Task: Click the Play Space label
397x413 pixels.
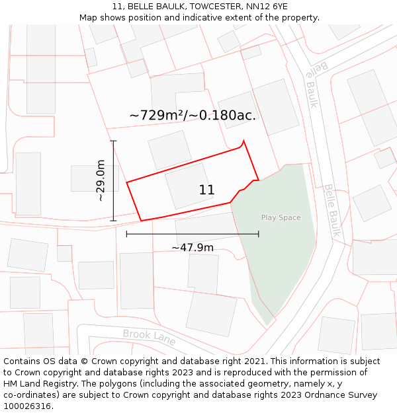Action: point(281,217)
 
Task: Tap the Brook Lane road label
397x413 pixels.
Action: point(149,337)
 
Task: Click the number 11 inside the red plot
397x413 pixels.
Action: point(206,190)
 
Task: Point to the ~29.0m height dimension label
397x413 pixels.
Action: point(100,180)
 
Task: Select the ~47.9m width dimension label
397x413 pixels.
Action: point(193,247)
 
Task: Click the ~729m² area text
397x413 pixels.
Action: point(157,115)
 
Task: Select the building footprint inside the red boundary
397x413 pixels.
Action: point(189,186)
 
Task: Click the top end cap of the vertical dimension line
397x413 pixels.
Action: point(113,141)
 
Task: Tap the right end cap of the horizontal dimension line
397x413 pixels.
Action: point(259,233)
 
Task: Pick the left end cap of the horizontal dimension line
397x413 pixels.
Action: point(126,233)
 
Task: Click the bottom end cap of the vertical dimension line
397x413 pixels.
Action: point(113,221)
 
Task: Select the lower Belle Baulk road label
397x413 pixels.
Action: point(331,210)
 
